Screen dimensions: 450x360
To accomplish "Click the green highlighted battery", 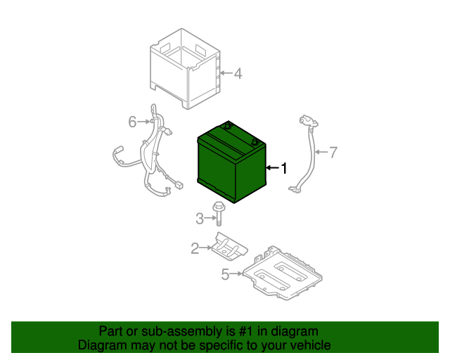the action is pos(231,162).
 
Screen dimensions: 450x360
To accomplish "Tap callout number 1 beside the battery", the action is pos(284,168).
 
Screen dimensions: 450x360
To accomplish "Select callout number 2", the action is pos(195,248).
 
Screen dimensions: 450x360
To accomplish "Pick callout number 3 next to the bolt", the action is pos(200,219).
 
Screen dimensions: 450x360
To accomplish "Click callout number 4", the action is pos(238,74).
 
